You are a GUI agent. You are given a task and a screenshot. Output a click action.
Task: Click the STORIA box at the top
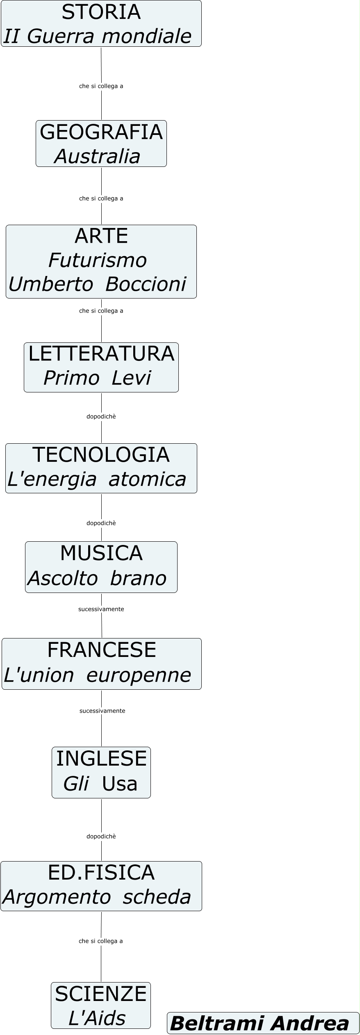coord(101,24)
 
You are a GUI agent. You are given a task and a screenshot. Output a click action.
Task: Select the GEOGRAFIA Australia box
coord(101,144)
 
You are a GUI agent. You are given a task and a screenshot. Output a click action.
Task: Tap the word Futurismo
coord(98,260)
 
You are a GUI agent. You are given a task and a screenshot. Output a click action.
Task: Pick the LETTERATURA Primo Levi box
coord(101,367)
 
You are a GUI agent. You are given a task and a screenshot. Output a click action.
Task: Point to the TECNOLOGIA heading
coord(101,455)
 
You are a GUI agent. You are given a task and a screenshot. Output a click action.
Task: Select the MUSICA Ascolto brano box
coord(101,567)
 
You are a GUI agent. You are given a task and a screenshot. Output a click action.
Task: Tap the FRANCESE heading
coord(102,650)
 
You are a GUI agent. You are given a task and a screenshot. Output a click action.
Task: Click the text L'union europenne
coord(98,675)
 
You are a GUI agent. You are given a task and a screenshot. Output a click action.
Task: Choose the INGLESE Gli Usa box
coord(101,773)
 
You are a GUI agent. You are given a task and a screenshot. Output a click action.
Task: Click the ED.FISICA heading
coord(101,873)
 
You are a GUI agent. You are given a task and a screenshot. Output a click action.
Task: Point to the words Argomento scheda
coord(97,897)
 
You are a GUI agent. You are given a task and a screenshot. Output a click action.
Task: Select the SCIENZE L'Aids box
coord(101,1005)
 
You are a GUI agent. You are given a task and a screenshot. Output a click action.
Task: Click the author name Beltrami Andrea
coord(260,1024)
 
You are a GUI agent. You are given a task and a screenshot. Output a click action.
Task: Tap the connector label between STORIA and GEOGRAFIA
coord(101,86)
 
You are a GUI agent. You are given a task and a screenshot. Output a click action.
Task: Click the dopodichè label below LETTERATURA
coord(101,417)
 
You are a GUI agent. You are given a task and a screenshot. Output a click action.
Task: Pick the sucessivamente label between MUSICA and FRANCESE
coord(101,609)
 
